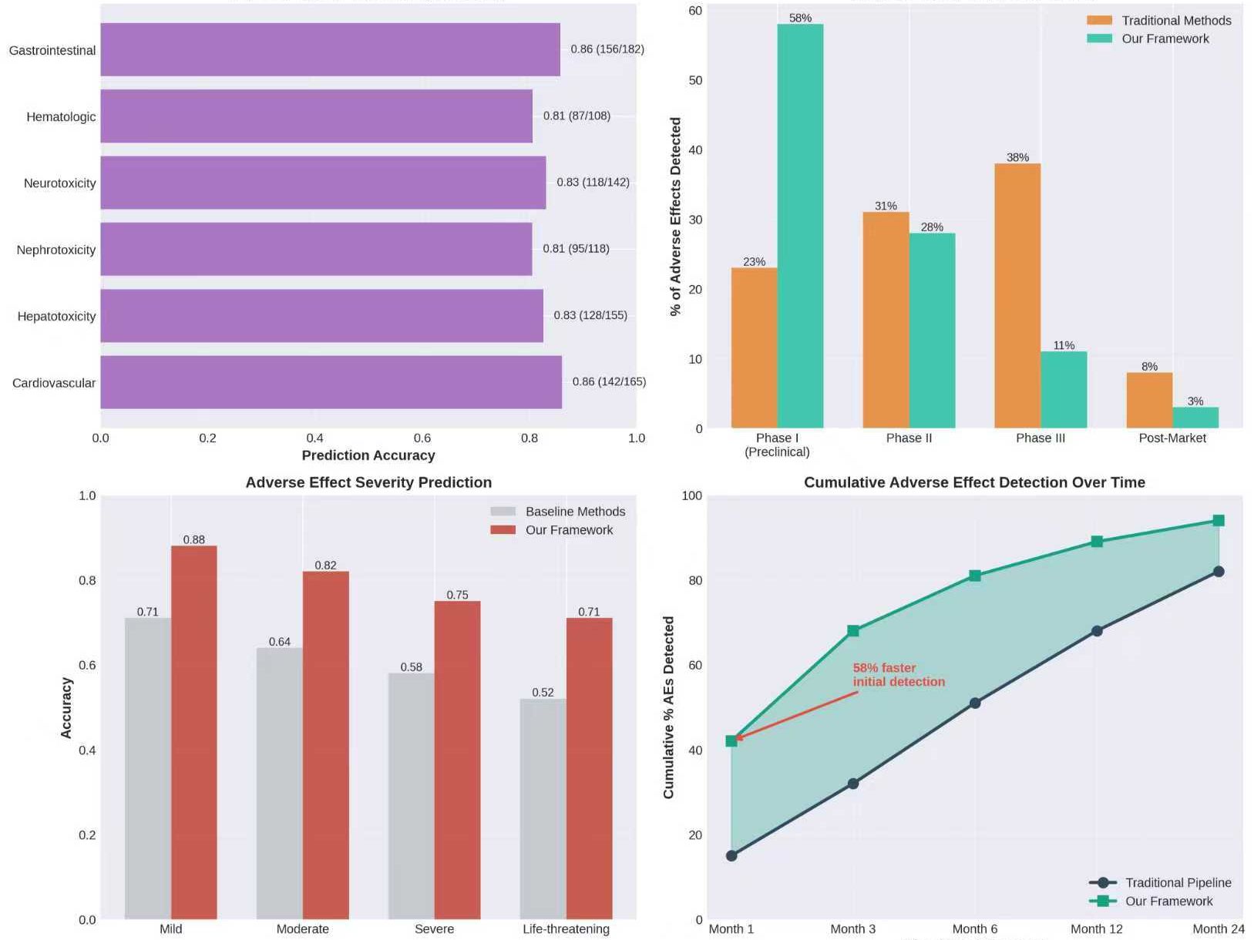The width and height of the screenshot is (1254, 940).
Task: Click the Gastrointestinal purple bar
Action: (330, 49)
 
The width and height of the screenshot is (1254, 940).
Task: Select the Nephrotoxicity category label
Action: (56, 250)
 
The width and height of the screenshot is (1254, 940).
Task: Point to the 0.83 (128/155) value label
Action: (590, 315)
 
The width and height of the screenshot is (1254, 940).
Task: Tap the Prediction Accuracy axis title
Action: (368, 455)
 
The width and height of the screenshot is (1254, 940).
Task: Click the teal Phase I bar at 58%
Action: (800, 226)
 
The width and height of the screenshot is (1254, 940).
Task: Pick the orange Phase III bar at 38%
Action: (1017, 296)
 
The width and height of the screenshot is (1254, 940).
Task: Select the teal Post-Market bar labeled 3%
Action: (1195, 418)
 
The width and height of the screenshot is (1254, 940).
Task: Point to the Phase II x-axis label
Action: (909, 438)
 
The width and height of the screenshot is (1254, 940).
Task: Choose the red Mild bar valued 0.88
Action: (194, 732)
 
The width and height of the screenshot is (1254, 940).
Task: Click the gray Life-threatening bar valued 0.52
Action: (543, 809)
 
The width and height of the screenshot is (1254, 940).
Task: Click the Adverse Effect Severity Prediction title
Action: (368, 482)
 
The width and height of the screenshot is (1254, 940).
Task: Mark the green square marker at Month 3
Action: (853, 631)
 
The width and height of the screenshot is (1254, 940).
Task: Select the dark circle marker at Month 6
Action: (975, 703)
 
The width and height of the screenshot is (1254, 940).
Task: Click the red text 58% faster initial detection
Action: (898, 675)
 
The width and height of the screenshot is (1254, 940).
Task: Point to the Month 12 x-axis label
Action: (1096, 928)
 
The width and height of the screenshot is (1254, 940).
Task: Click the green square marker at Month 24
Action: (1219, 521)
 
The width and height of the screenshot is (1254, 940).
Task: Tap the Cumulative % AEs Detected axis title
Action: (668, 707)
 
